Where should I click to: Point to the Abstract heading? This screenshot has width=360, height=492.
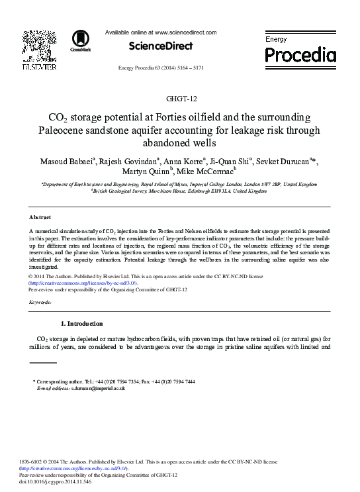(41, 217)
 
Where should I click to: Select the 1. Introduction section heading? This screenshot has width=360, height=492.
(81, 324)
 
